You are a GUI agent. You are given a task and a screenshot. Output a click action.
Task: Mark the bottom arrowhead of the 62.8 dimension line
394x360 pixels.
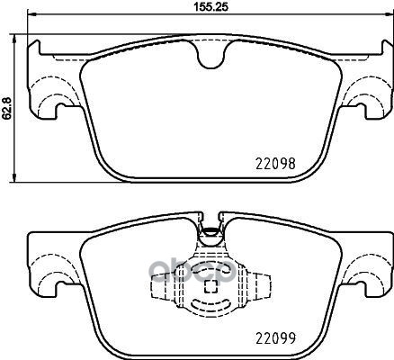pyautogui.click(x=17, y=176)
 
